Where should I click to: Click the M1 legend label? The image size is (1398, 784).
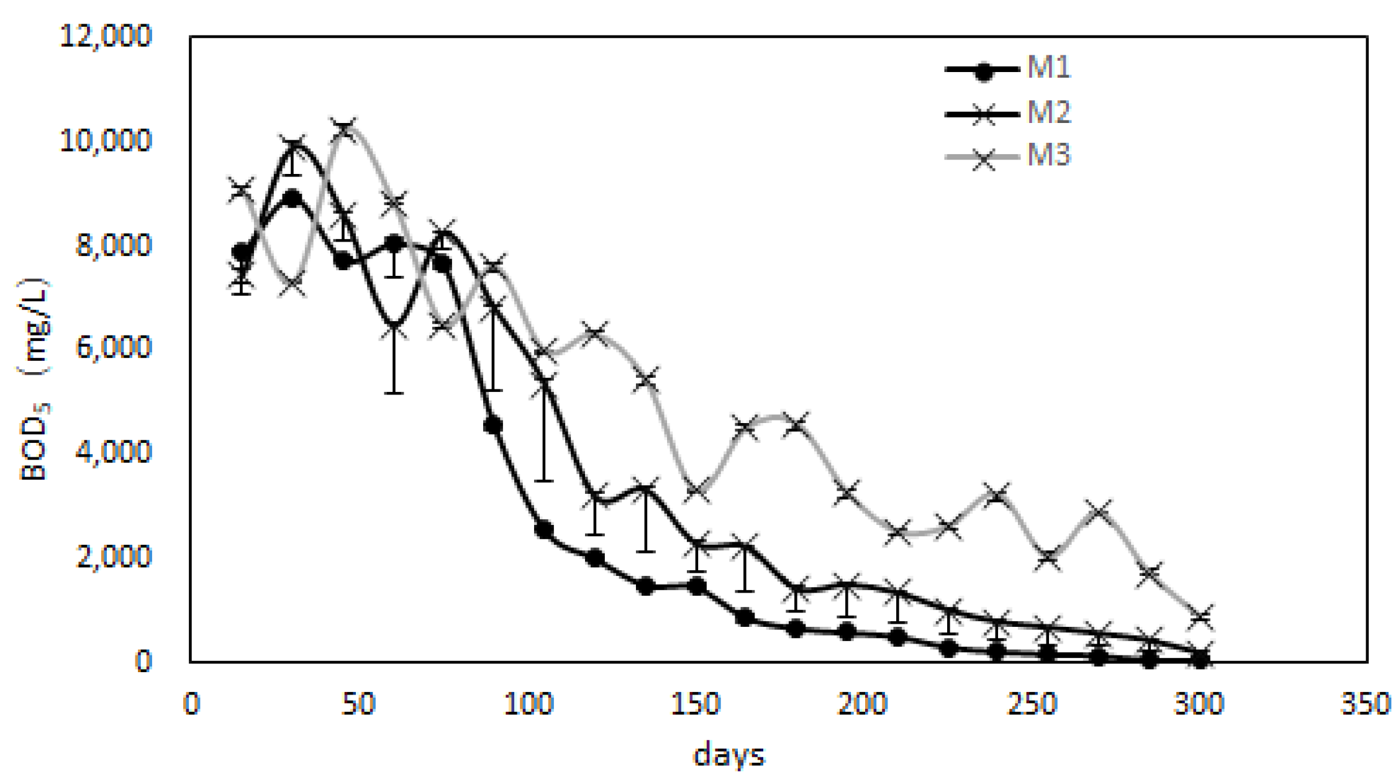[1048, 67]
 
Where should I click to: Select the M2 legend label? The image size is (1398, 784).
[1048, 112]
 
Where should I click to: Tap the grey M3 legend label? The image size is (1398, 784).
[1048, 155]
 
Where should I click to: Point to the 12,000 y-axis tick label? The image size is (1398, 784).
[106, 35]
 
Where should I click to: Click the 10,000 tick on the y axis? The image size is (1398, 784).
[106, 140]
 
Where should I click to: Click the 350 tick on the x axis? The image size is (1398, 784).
[1364, 704]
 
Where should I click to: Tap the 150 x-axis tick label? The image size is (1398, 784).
[695, 704]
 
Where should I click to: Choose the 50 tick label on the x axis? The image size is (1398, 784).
[358, 704]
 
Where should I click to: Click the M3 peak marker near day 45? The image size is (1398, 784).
[343, 129]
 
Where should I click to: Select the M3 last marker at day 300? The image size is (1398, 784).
[1200, 616]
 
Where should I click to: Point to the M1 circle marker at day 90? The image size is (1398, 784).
[492, 426]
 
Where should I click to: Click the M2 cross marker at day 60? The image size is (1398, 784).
[394, 328]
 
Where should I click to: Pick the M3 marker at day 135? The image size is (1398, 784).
[646, 379]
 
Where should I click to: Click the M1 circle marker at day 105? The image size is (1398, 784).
[544, 530]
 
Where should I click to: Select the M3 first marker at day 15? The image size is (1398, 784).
[241, 188]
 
